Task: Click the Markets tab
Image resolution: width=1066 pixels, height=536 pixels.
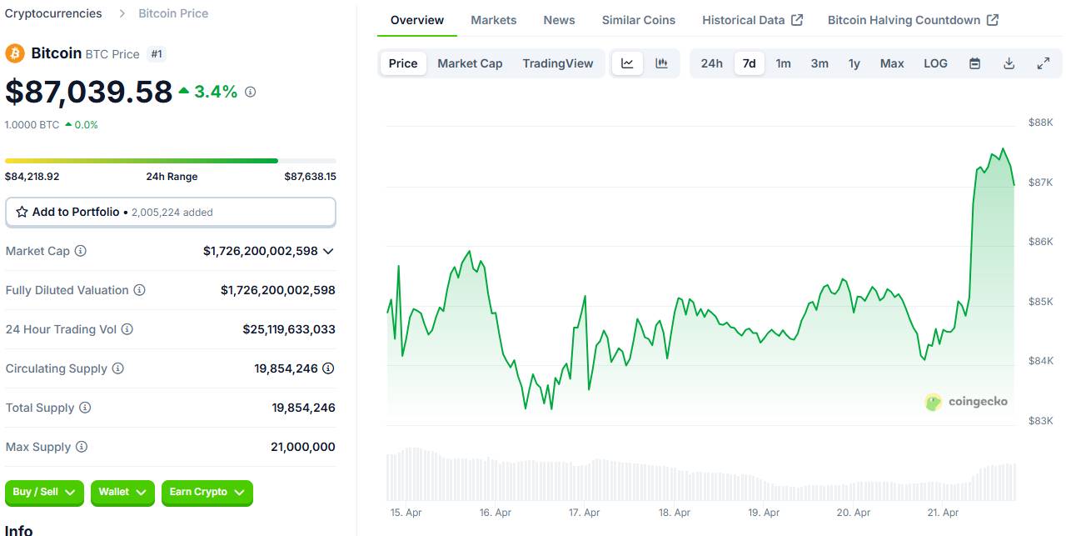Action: pos(493,20)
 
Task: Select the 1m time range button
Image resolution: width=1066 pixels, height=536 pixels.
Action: pos(783,63)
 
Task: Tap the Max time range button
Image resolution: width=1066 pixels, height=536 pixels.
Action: pos(891,63)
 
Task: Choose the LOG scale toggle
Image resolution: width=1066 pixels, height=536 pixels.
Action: pos(935,63)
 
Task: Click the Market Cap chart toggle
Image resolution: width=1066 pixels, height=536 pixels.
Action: pos(470,63)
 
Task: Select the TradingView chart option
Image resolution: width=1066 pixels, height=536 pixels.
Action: pos(558,63)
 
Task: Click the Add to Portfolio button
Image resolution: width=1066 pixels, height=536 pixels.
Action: pos(171,212)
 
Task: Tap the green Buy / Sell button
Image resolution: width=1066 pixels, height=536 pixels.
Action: pos(44,493)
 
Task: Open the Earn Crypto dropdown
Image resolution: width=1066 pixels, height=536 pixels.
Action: pos(207,493)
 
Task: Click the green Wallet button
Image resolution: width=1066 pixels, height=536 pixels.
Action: pos(122,493)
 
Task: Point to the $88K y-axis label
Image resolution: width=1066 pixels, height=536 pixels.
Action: pos(1041,123)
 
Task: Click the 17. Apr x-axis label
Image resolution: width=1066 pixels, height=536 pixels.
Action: pos(585,513)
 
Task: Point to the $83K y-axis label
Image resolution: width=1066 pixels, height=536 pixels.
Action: pos(1041,421)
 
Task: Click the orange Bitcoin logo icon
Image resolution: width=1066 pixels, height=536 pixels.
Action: pos(15,53)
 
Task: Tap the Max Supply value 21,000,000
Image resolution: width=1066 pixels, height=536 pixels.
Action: pos(302,447)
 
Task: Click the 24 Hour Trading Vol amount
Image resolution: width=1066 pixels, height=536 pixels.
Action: pos(289,329)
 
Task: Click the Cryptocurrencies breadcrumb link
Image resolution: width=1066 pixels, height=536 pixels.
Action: pos(53,13)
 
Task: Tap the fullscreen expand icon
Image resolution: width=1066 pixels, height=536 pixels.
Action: pos(1043,63)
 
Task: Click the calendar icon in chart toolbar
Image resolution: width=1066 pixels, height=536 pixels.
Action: pos(974,63)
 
